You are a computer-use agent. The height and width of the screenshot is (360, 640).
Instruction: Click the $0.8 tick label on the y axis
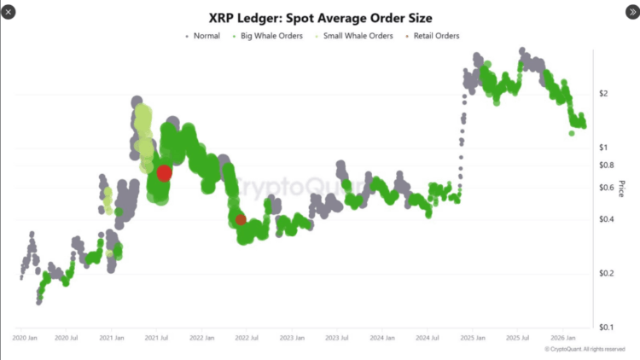606,165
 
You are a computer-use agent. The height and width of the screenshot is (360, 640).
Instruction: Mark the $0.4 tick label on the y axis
606,219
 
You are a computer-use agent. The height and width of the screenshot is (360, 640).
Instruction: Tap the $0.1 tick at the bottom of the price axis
606,328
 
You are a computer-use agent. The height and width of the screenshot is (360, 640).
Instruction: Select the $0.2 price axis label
606,273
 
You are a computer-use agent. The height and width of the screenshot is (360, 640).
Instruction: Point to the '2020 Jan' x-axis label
25,338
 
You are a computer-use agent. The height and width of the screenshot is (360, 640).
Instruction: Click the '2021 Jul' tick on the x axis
157,338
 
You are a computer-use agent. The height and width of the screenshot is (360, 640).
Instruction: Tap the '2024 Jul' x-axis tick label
427,338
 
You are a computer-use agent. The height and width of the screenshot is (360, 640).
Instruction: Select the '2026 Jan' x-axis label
561,338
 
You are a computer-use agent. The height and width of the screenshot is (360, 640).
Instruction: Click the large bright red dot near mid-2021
164,172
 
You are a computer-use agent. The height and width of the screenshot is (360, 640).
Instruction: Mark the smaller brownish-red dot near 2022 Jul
241,220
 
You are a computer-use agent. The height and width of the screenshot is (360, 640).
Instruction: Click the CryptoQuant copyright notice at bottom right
585,349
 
